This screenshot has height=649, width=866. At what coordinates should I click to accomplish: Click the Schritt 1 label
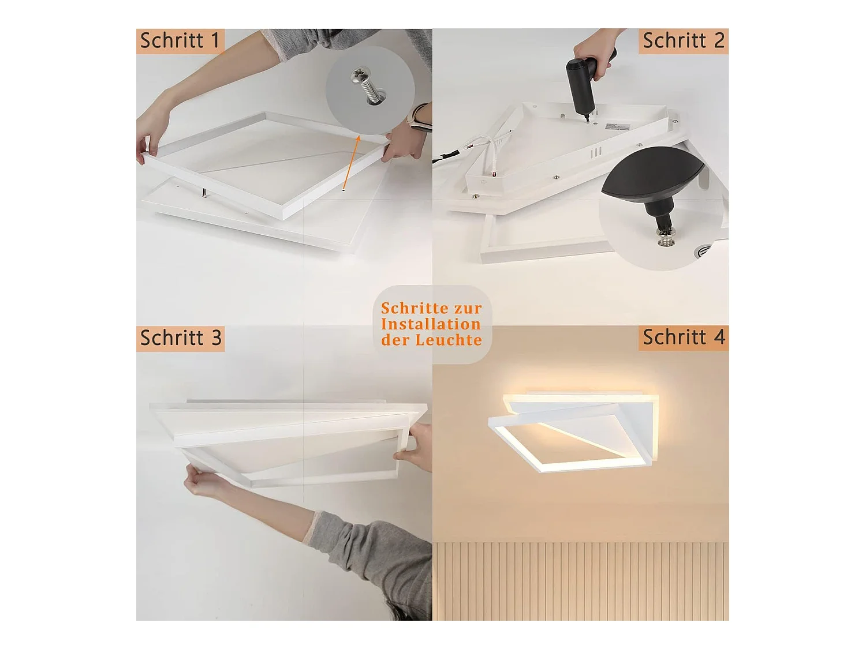pyautogui.click(x=180, y=41)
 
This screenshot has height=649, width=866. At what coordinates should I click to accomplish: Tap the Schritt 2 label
pyautogui.click(x=684, y=41)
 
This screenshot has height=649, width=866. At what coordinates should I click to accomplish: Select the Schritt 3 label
pyautogui.click(x=180, y=338)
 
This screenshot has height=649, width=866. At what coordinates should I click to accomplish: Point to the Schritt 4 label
pyautogui.click(x=684, y=337)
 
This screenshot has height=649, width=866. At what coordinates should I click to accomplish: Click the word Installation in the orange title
pyautogui.click(x=431, y=324)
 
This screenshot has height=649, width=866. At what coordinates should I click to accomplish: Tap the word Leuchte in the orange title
pyautogui.click(x=449, y=340)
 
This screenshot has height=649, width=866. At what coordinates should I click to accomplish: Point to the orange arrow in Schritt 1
pyautogui.click(x=351, y=163)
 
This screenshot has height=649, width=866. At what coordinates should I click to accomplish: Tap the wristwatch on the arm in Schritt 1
pyautogui.click(x=419, y=119)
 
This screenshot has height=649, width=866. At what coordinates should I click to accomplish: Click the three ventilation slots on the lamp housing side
pyautogui.click(x=596, y=152)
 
